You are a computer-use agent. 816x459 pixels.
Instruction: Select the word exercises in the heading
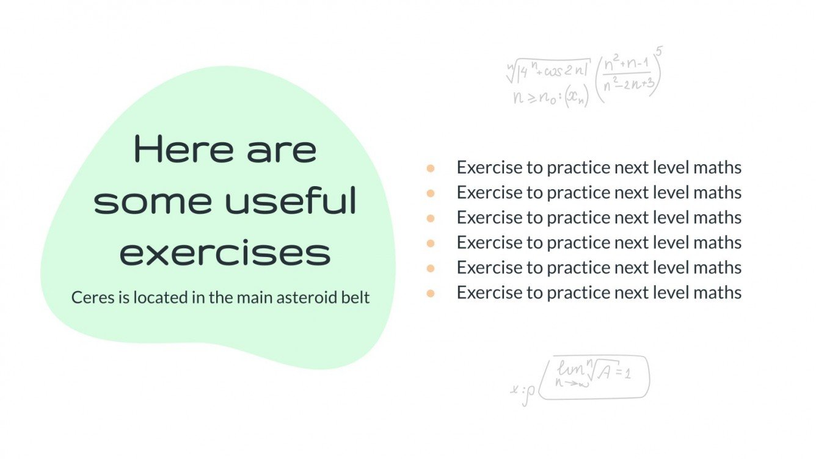(225, 253)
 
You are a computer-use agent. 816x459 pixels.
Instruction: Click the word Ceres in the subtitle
(87, 298)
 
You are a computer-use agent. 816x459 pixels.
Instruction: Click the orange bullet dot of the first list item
(431, 168)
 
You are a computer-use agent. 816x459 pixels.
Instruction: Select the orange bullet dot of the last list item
(431, 293)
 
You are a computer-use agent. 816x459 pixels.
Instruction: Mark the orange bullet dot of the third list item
(431, 218)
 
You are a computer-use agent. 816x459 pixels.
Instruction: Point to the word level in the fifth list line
(672, 268)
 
